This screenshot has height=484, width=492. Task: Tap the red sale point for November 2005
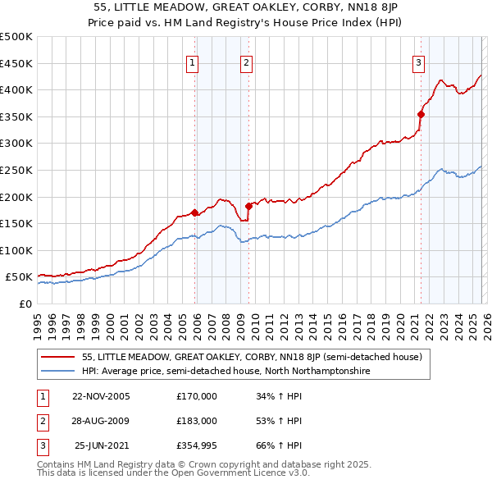pyautogui.click(x=194, y=213)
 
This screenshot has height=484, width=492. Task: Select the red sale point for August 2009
pyautogui.click(x=248, y=206)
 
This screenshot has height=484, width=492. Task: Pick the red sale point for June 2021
pyautogui.click(x=421, y=115)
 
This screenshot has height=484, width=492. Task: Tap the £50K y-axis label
pyautogui.click(x=20, y=277)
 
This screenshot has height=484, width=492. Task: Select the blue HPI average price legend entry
pyautogui.click(x=226, y=371)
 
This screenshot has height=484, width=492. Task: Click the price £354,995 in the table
pyautogui.click(x=197, y=445)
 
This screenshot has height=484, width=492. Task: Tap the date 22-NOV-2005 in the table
pyautogui.click(x=101, y=396)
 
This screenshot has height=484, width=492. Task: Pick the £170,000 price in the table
pyautogui.click(x=197, y=396)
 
